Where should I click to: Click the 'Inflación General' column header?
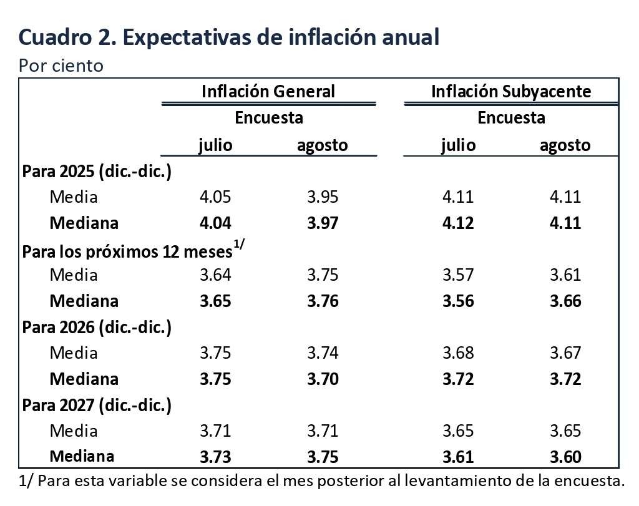(268, 91)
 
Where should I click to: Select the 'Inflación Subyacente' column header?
(511, 91)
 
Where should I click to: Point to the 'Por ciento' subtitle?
(61, 66)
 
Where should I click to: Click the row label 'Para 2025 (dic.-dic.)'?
(97, 172)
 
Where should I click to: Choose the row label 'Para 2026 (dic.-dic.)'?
(97, 327)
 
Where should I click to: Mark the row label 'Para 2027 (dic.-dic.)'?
(97, 405)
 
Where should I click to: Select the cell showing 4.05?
(215, 197)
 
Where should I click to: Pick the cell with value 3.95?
(323, 197)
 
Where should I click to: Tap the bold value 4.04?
(215, 223)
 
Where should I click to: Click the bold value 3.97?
(323, 223)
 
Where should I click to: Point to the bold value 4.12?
(458, 223)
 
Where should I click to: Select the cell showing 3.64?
(215, 275)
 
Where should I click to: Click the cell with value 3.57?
(458, 275)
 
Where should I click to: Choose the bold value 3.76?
(323, 301)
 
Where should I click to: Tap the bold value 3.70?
(323, 379)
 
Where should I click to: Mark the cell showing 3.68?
(458, 353)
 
